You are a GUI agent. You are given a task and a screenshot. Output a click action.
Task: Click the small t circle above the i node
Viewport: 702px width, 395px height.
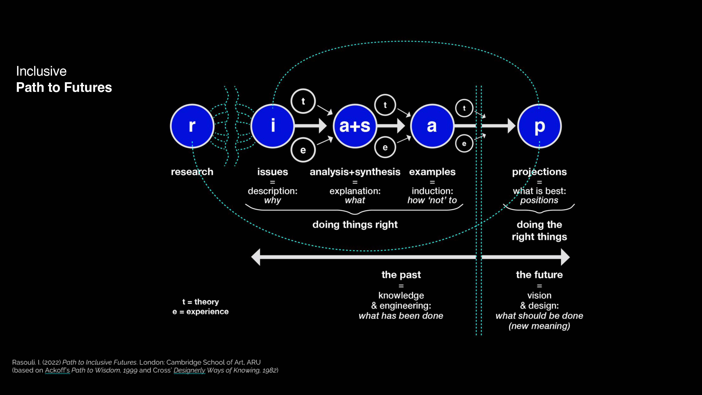(x=303, y=101)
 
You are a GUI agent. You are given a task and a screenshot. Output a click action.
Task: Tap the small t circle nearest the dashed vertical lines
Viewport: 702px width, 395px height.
(x=464, y=108)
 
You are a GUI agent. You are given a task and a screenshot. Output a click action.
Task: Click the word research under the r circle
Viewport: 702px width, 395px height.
(x=192, y=172)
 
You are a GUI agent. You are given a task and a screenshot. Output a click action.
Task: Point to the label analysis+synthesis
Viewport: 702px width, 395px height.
(x=355, y=172)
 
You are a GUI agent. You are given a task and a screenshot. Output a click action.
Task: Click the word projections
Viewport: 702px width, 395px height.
(x=539, y=172)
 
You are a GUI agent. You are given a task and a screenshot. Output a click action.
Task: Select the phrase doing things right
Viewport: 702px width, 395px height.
(x=355, y=225)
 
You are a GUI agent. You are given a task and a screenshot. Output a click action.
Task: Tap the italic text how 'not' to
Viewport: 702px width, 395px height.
(x=432, y=200)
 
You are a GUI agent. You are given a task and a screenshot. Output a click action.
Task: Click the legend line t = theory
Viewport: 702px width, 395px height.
(x=201, y=302)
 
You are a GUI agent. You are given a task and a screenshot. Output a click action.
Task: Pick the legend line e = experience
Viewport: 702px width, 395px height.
(x=201, y=312)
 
